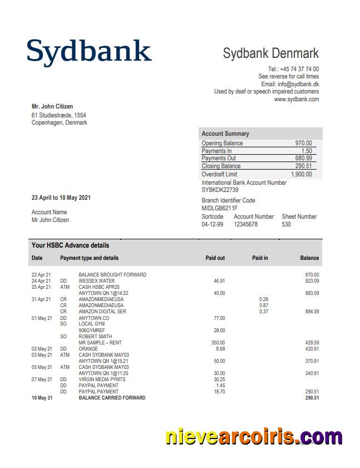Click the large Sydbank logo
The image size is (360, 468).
89,51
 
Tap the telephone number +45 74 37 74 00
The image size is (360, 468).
293,69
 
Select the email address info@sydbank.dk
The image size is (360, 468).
299,84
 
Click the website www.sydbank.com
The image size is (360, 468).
296,99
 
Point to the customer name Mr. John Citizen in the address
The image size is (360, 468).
52,106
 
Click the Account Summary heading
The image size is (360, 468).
225,134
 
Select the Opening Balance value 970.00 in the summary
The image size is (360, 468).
303,143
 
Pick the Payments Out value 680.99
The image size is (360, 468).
303,158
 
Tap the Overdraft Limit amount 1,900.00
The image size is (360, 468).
301,174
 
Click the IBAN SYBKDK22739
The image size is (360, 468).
220,190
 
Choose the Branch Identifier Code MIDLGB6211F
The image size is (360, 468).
219,208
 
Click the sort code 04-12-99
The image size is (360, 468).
212,224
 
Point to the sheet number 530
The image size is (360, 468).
286,224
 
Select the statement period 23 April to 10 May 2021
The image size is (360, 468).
61,198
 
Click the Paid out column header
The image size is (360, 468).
215,258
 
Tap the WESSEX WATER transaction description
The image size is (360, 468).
96,281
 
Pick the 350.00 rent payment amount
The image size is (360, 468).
218,343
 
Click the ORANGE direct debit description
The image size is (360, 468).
88,349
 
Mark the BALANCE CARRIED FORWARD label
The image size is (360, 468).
112,398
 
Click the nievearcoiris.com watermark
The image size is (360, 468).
254,437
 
